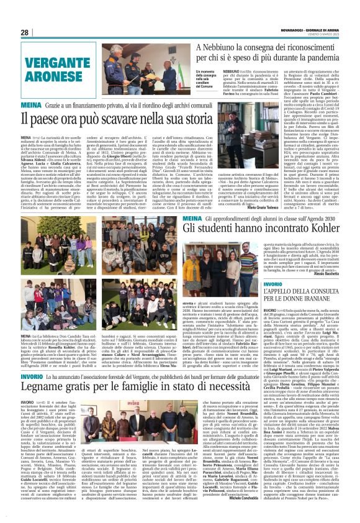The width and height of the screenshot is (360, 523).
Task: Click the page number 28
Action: click(26, 32)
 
